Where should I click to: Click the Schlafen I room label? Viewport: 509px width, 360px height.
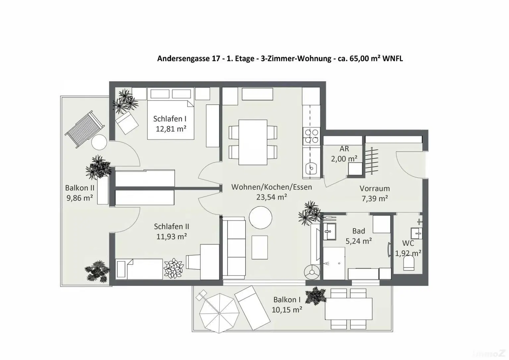pos(170,119)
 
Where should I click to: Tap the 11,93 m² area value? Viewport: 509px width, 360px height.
pos(171,237)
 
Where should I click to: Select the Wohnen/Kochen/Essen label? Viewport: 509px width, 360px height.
pos(271,187)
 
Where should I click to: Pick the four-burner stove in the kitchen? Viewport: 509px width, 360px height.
pos(311,136)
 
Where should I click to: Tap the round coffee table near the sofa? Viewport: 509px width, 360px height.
pos(260,217)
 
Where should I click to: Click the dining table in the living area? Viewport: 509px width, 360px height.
pos(253,142)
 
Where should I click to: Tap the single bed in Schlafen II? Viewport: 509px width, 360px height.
pos(139,269)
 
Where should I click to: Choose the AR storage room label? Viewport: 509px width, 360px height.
pos(344,149)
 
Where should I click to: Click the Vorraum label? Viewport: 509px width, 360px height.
pos(374,189)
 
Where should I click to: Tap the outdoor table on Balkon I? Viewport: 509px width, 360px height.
pos(349,308)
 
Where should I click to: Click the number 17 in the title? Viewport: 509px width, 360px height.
pos(215,59)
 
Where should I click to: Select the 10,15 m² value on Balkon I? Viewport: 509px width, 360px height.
pos(287,310)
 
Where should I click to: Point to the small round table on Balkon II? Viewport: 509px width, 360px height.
pos(99,143)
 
